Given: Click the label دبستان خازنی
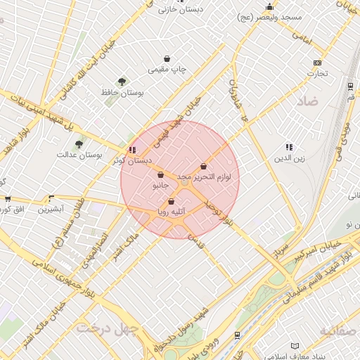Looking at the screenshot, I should (180, 10).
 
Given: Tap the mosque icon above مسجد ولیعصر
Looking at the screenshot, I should (269, 7).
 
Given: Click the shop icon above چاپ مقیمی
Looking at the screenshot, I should (167, 59).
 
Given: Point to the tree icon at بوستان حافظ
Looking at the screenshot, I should (122, 82).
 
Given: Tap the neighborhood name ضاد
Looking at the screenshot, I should (307, 102).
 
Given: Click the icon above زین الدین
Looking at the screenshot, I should (289, 147).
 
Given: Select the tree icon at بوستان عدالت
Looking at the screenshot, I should (79, 144).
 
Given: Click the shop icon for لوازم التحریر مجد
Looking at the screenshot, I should (204, 167).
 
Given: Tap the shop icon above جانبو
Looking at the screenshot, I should (161, 175).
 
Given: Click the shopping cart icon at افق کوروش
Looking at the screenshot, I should (8, 200).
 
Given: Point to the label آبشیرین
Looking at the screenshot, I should (51, 210).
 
